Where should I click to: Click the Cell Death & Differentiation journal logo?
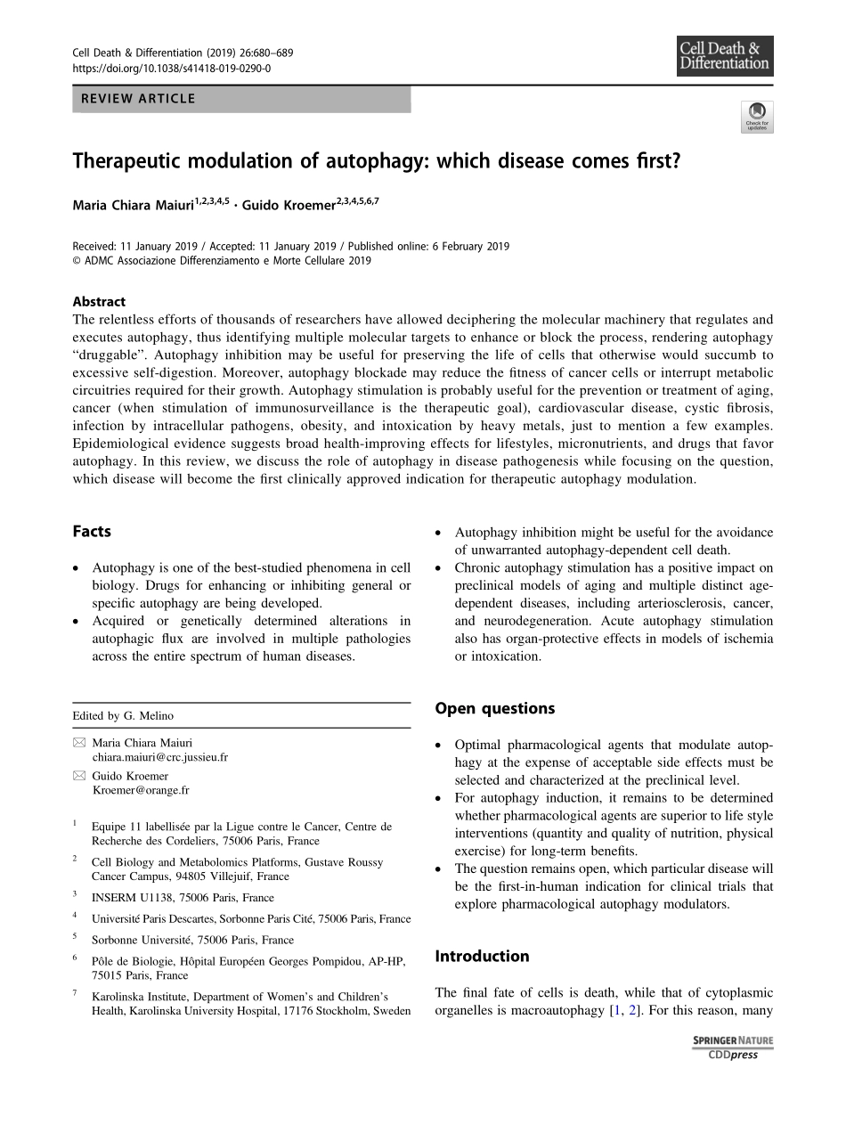[x=724, y=56]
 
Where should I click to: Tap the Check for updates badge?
[x=757, y=117]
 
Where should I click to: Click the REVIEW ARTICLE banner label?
[x=138, y=99]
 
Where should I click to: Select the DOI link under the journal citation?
[x=171, y=68]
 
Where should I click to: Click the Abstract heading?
[x=99, y=301]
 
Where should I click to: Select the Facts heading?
[x=92, y=532]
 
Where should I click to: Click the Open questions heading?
[x=494, y=708]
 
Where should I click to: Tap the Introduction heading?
[x=482, y=956]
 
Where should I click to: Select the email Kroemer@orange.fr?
[x=140, y=790]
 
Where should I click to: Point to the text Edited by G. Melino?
[x=123, y=715]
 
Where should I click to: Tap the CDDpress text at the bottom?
[x=733, y=1055]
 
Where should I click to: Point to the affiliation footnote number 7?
[x=76, y=991]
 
